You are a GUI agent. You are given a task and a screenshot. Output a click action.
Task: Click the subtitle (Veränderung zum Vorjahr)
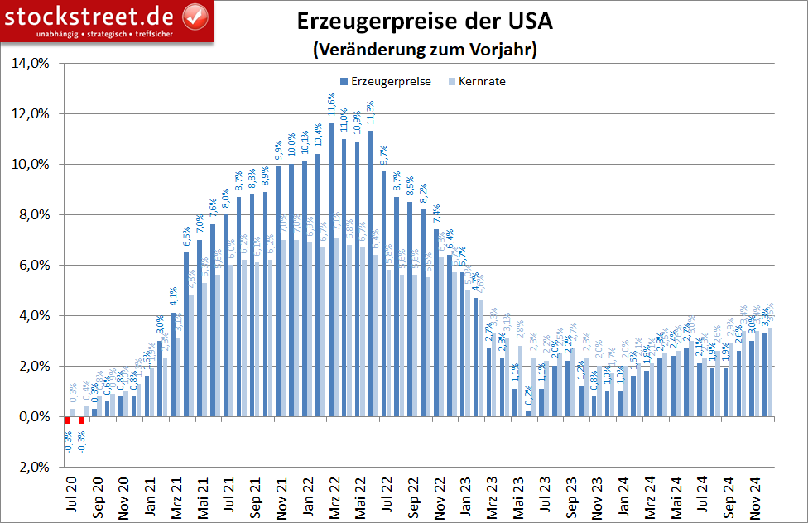pyautogui.click(x=426, y=50)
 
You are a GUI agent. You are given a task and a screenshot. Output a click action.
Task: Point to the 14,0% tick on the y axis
pyautogui.click(x=29, y=63)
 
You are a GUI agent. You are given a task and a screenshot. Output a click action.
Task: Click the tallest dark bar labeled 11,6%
pyautogui.click(x=331, y=269)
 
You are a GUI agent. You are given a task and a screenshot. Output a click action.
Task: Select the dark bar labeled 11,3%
pyautogui.click(x=370, y=273)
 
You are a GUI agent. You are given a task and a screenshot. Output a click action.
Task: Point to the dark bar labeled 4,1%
pyautogui.click(x=173, y=364)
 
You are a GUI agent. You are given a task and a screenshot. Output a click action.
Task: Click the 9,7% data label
pyautogui.click(x=383, y=156)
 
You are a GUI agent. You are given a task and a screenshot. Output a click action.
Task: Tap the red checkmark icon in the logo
pyautogui.click(x=195, y=14)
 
